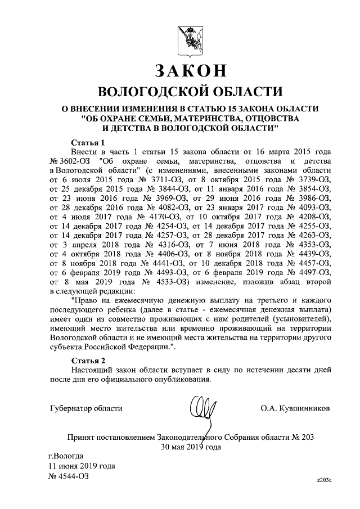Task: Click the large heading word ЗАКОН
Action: [x=190, y=71]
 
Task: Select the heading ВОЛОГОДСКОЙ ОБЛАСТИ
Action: [x=190, y=92]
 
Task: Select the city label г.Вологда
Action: [x=66, y=456]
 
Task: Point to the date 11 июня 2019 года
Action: [x=82, y=466]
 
